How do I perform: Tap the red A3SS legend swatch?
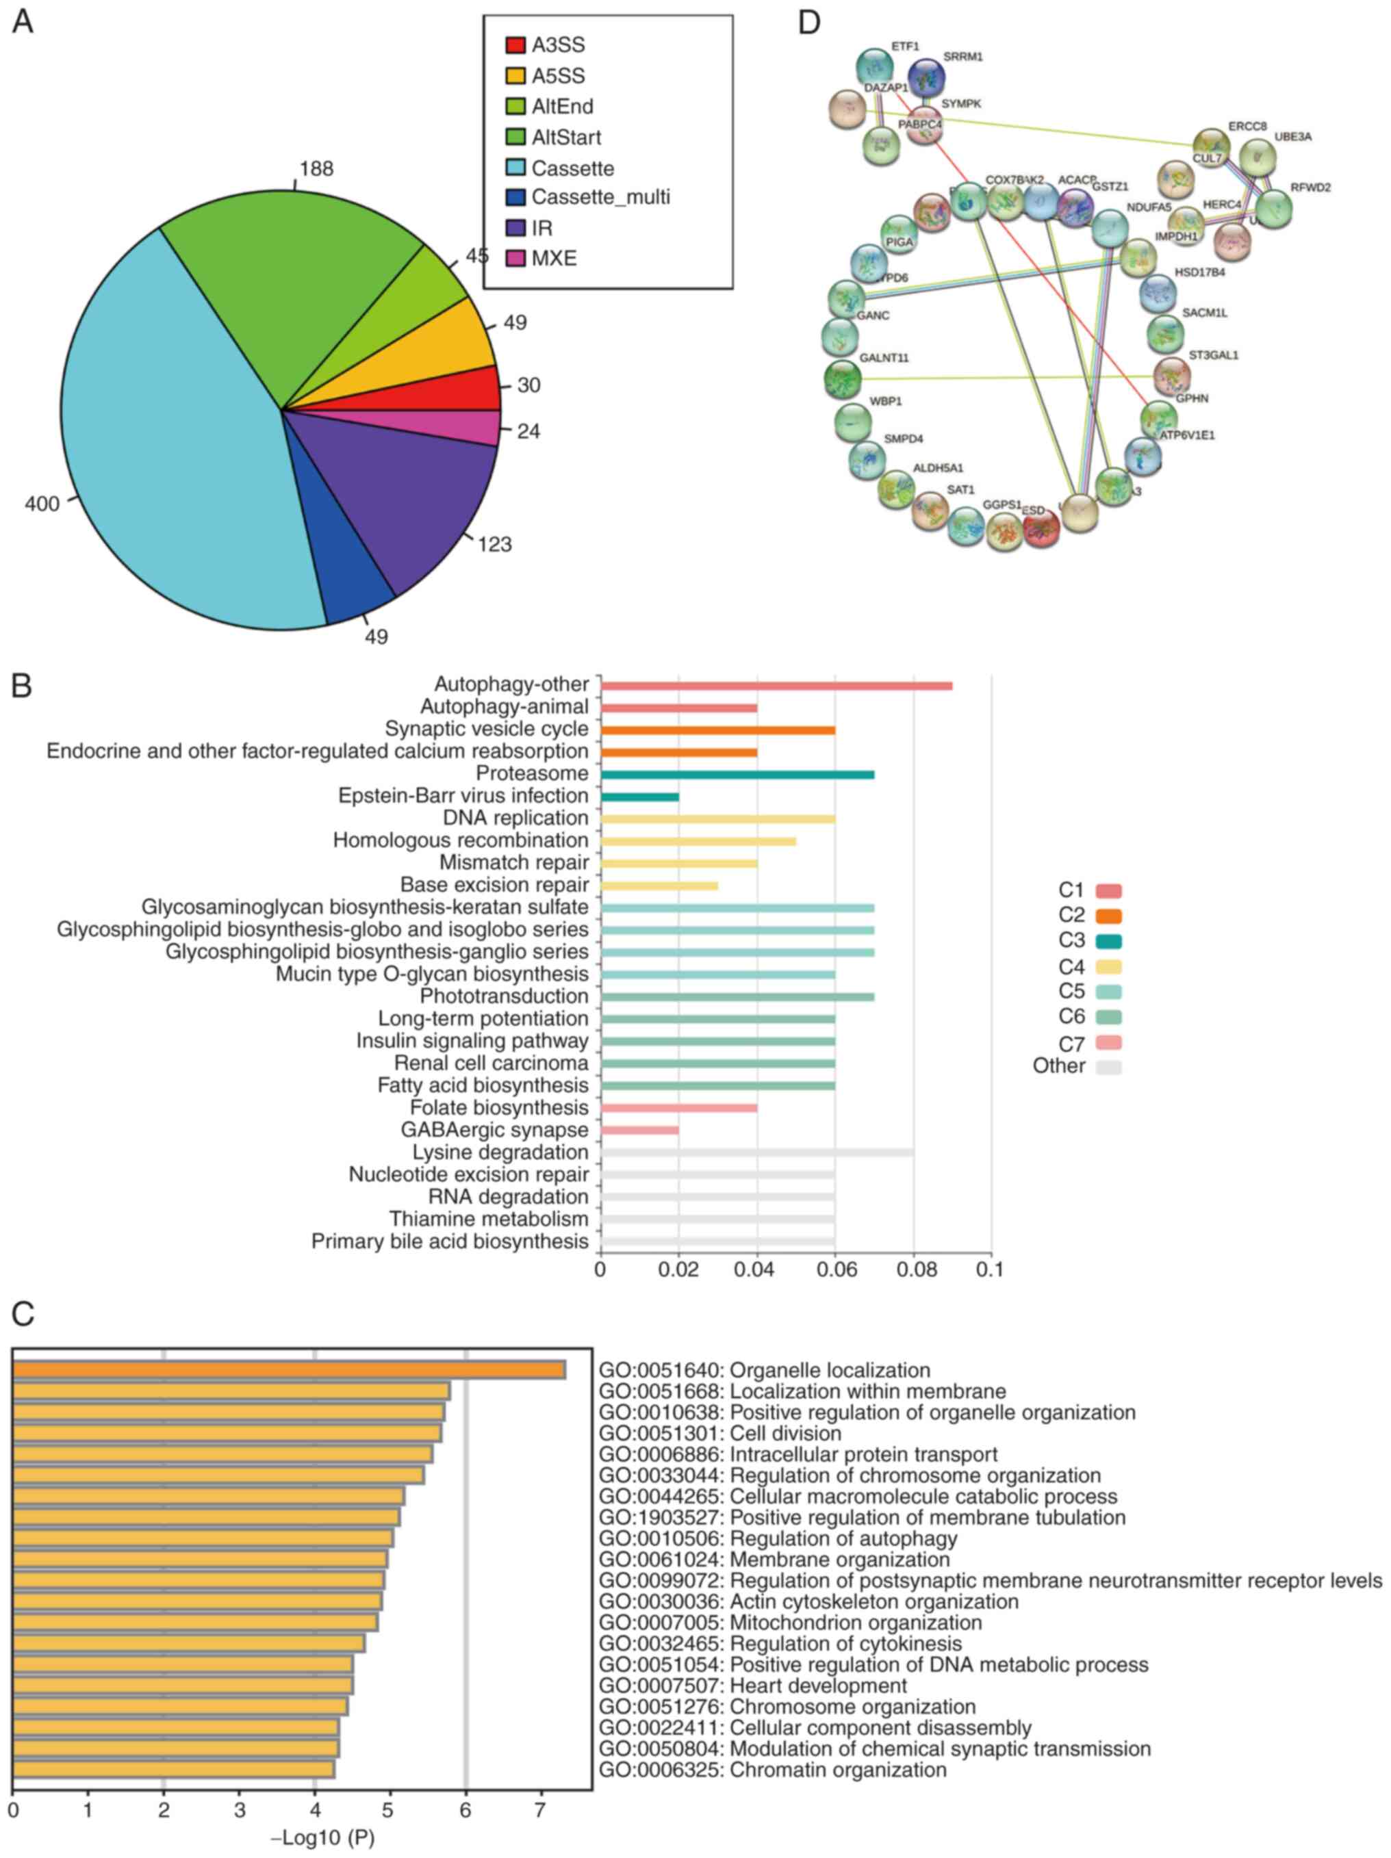(x=515, y=45)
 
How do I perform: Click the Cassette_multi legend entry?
(x=600, y=197)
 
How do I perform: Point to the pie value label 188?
(x=316, y=169)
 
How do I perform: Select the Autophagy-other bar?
(x=776, y=686)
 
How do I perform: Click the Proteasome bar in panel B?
(x=737, y=775)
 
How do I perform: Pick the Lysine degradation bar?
(x=756, y=1152)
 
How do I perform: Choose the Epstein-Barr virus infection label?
(x=463, y=795)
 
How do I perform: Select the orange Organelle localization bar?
(x=289, y=1370)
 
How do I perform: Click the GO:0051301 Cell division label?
(x=720, y=1433)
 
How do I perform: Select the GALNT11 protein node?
(x=843, y=379)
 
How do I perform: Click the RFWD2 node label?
(x=1310, y=188)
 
